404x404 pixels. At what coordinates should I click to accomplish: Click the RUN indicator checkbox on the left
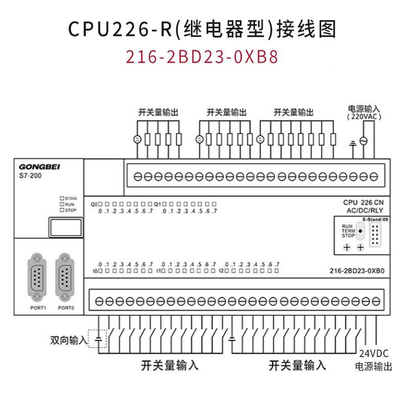(x=62, y=205)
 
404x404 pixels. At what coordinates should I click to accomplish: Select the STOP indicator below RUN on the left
(x=62, y=210)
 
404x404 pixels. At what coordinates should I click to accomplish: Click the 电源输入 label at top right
(x=364, y=109)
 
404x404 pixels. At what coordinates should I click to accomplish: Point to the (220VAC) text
(x=364, y=117)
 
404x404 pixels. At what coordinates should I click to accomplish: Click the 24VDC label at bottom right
(x=371, y=354)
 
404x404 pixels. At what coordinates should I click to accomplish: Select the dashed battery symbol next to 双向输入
(x=98, y=338)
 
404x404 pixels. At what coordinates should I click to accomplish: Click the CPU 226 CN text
(x=364, y=202)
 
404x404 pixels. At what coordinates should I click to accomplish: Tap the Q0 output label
(x=94, y=204)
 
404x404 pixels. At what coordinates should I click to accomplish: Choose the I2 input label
(x=221, y=271)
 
